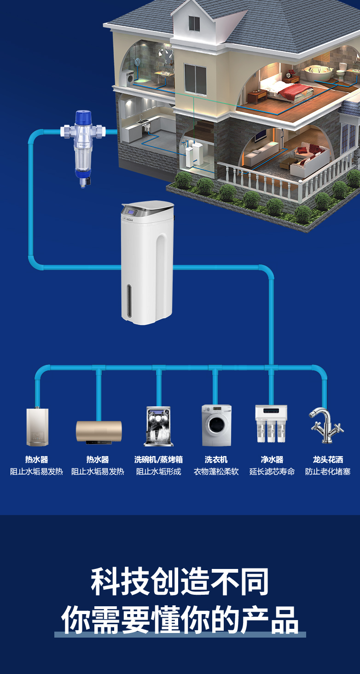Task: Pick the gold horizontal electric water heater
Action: (x=99, y=431)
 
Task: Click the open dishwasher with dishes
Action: (x=158, y=426)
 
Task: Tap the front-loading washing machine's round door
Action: (x=215, y=425)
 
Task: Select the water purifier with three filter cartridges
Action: (x=271, y=423)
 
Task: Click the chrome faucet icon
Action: (x=326, y=425)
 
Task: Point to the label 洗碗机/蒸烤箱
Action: (x=158, y=459)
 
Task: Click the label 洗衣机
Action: (x=216, y=459)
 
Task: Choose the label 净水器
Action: (x=272, y=459)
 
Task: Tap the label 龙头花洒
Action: (x=328, y=459)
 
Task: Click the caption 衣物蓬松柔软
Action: (x=216, y=472)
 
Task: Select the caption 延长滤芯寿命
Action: (x=272, y=472)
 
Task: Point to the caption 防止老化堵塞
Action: (x=328, y=472)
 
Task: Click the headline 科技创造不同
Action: (x=180, y=581)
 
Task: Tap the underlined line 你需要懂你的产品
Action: (x=180, y=619)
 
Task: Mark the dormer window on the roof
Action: (x=194, y=23)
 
